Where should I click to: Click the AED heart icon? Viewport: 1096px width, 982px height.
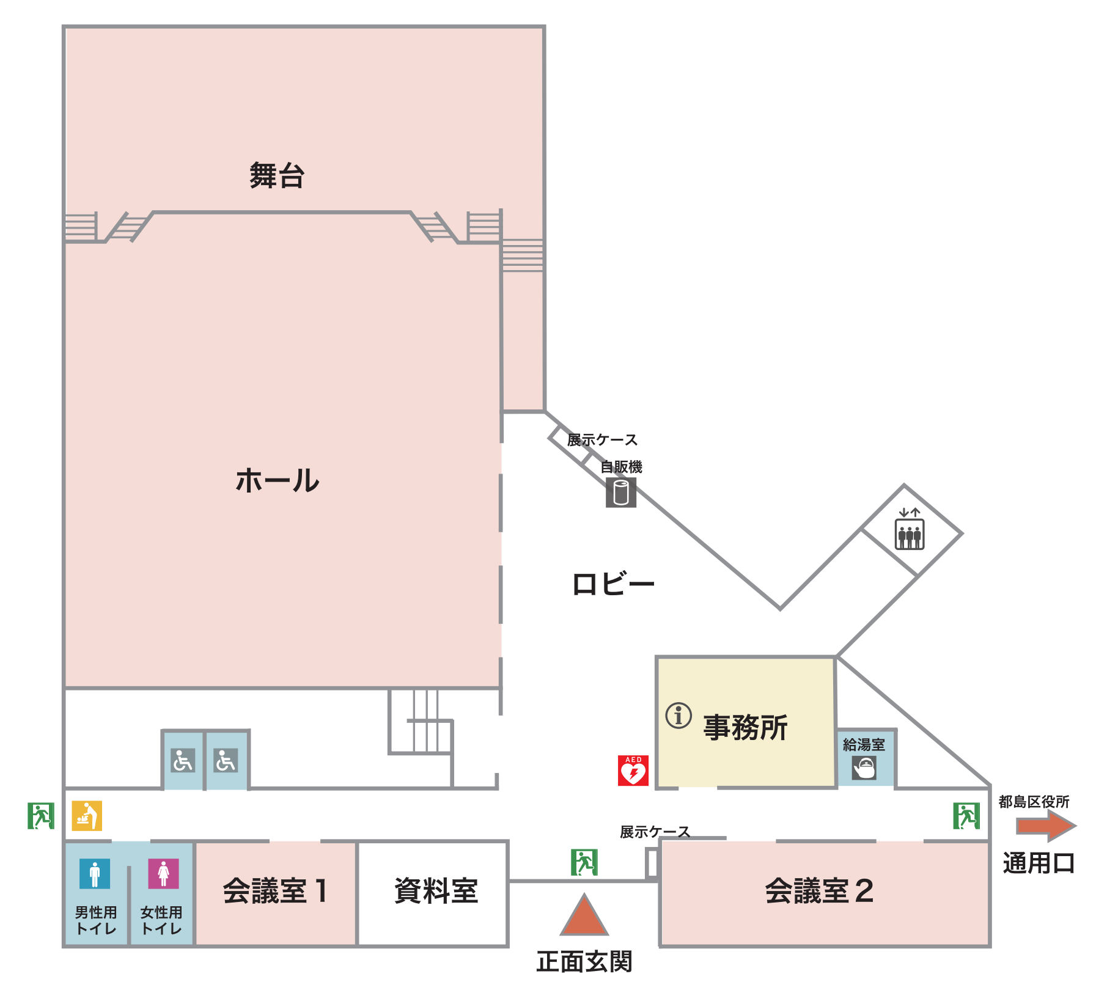click(x=633, y=770)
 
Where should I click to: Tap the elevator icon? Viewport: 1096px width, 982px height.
click(x=909, y=534)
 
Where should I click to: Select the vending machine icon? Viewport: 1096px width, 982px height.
click(x=621, y=492)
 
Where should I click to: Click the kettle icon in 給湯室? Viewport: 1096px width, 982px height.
click(x=864, y=768)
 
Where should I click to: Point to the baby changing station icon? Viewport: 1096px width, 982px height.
click(x=87, y=816)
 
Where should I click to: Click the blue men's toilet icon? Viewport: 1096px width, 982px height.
click(x=95, y=873)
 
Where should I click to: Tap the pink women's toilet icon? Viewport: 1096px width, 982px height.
click(x=163, y=873)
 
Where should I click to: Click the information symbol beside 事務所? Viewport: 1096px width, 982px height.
click(x=679, y=715)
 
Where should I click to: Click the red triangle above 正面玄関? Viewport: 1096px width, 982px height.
click(x=584, y=917)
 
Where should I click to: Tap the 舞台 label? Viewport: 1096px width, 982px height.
click(x=277, y=175)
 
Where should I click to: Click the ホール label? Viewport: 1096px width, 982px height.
click(x=278, y=480)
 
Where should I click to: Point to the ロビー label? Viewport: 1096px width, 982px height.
click(x=613, y=584)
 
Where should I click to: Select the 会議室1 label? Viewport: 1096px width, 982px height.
click(x=275, y=890)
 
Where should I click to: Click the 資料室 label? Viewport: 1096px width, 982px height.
click(x=435, y=890)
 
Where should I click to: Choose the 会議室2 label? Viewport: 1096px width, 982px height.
click(x=819, y=890)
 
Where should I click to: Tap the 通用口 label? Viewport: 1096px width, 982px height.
click(x=1039, y=863)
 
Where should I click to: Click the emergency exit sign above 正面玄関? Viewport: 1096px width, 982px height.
click(x=584, y=862)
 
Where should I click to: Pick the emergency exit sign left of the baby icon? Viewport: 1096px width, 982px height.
click(x=41, y=816)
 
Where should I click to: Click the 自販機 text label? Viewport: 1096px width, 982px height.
click(x=621, y=467)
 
